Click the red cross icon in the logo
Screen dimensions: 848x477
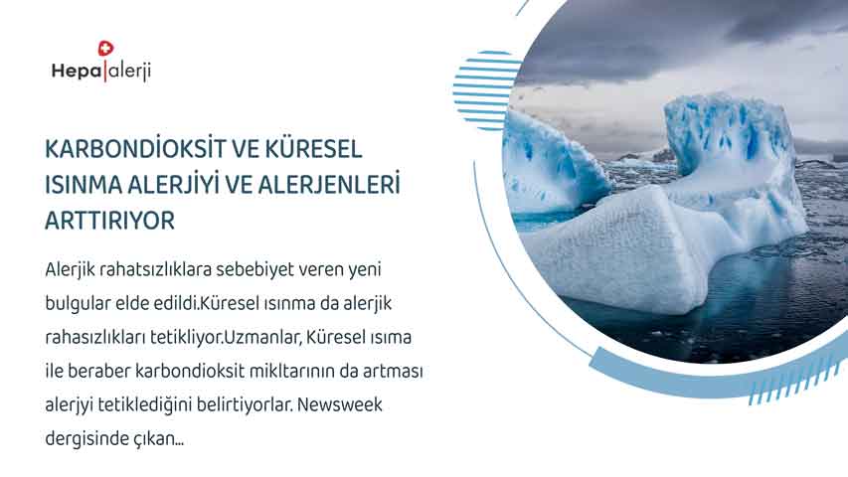[x=106, y=49]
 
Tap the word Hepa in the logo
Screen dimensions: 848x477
[x=77, y=72]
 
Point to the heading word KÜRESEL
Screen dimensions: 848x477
[x=313, y=148]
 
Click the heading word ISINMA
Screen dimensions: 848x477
[x=84, y=185]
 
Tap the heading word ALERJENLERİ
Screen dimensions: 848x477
[x=329, y=185]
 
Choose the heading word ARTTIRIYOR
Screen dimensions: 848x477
[x=109, y=221]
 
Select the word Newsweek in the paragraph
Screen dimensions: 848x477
[x=340, y=404]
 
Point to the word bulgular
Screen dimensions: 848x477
[x=78, y=303]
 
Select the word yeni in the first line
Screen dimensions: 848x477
[x=364, y=269]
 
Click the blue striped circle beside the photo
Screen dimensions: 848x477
[x=487, y=90]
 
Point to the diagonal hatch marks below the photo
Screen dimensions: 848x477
[x=796, y=385]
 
